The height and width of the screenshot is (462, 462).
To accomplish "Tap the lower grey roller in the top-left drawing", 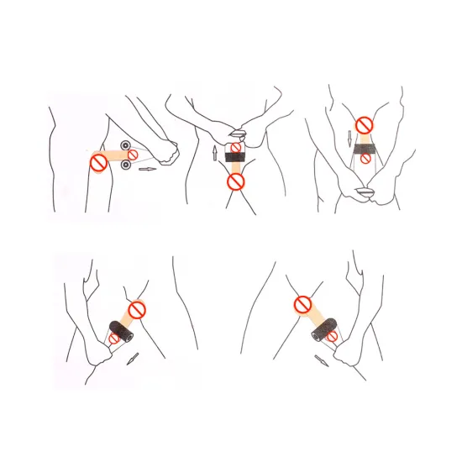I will tap(126, 165).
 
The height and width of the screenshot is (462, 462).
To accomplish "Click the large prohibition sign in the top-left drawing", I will tap(98, 162).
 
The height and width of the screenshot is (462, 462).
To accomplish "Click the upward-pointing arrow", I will tap(214, 152).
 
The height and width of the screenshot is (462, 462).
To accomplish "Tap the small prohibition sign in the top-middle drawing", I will tap(236, 150).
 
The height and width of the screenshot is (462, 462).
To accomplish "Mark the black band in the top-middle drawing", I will tap(235, 159).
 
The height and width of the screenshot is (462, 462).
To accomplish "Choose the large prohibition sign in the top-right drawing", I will tap(364, 125).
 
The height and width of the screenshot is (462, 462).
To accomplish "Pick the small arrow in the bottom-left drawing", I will tap(132, 359).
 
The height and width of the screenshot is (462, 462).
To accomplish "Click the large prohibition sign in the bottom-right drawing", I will tap(302, 305).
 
